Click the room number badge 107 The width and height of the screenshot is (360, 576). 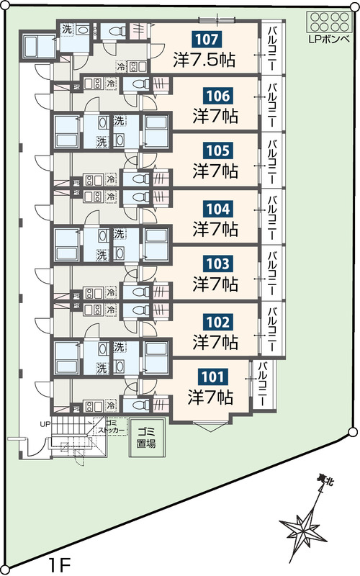[207, 40]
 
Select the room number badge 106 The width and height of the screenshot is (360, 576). [218, 96]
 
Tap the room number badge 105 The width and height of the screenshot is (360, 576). [218, 150]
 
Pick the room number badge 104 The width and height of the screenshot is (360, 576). [218, 209]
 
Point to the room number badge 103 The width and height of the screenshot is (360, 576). [218, 264]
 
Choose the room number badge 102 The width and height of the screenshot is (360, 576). [218, 322]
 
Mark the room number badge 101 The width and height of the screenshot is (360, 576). [212, 377]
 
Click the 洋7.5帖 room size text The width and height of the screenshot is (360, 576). [204, 60]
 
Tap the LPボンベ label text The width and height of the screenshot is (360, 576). [329, 40]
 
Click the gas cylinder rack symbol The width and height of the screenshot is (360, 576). [329, 22]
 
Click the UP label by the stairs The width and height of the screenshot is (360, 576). [45, 424]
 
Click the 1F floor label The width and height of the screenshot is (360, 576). [59, 565]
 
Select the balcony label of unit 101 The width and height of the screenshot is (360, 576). [262, 384]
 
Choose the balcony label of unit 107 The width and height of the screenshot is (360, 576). [272, 48]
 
